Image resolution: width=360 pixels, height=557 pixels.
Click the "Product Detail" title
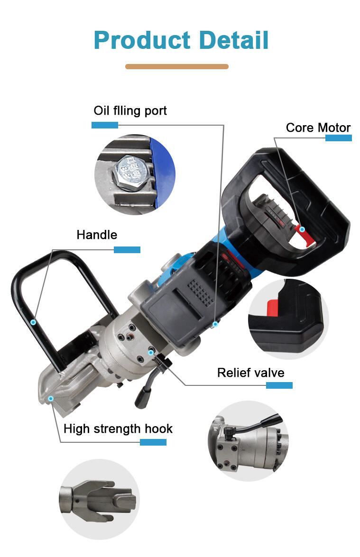(181, 40)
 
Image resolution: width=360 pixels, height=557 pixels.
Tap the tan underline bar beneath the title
(176, 66)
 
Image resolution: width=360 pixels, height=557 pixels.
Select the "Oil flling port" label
(130, 111)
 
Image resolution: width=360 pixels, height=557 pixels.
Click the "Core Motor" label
(318, 128)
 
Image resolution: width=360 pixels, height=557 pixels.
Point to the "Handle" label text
(97, 235)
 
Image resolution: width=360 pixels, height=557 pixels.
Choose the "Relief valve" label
(250, 373)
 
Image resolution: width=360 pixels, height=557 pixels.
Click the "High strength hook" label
(118, 429)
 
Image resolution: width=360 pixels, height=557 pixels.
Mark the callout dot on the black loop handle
(33, 322)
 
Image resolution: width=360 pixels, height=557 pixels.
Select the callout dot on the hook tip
(51, 399)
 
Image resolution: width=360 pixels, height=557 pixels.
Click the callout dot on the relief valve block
(151, 352)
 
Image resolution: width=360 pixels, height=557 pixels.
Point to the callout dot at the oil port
(215, 324)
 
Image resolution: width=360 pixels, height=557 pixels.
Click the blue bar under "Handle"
(127, 250)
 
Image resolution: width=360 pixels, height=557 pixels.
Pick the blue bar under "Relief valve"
(279, 385)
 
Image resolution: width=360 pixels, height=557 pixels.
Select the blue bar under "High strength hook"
(153, 442)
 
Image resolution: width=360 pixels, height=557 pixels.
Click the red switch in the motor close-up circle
(273, 308)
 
